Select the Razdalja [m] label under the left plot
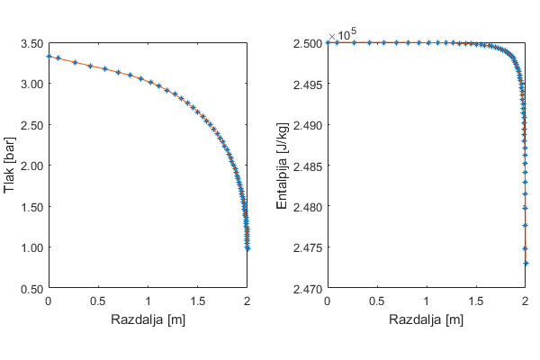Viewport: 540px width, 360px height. point(148,319)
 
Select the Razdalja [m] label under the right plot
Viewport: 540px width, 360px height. point(427,319)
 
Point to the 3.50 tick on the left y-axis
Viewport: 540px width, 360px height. point(30,43)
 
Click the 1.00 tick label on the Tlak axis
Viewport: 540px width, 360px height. point(30,247)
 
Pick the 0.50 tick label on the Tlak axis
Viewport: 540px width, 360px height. point(30,288)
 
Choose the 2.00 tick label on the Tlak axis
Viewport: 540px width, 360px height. point(30,166)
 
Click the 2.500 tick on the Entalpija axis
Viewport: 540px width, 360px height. point(307,43)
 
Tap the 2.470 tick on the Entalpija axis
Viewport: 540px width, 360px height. point(307,288)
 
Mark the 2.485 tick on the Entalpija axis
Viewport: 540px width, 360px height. point(307,166)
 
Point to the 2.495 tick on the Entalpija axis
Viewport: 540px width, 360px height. point(307,84)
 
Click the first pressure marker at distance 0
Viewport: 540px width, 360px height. point(49,56)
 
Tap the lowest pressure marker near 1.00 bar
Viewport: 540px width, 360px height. point(247,247)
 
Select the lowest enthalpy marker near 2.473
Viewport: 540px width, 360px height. point(526,264)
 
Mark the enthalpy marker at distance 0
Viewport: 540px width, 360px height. point(328,42)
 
